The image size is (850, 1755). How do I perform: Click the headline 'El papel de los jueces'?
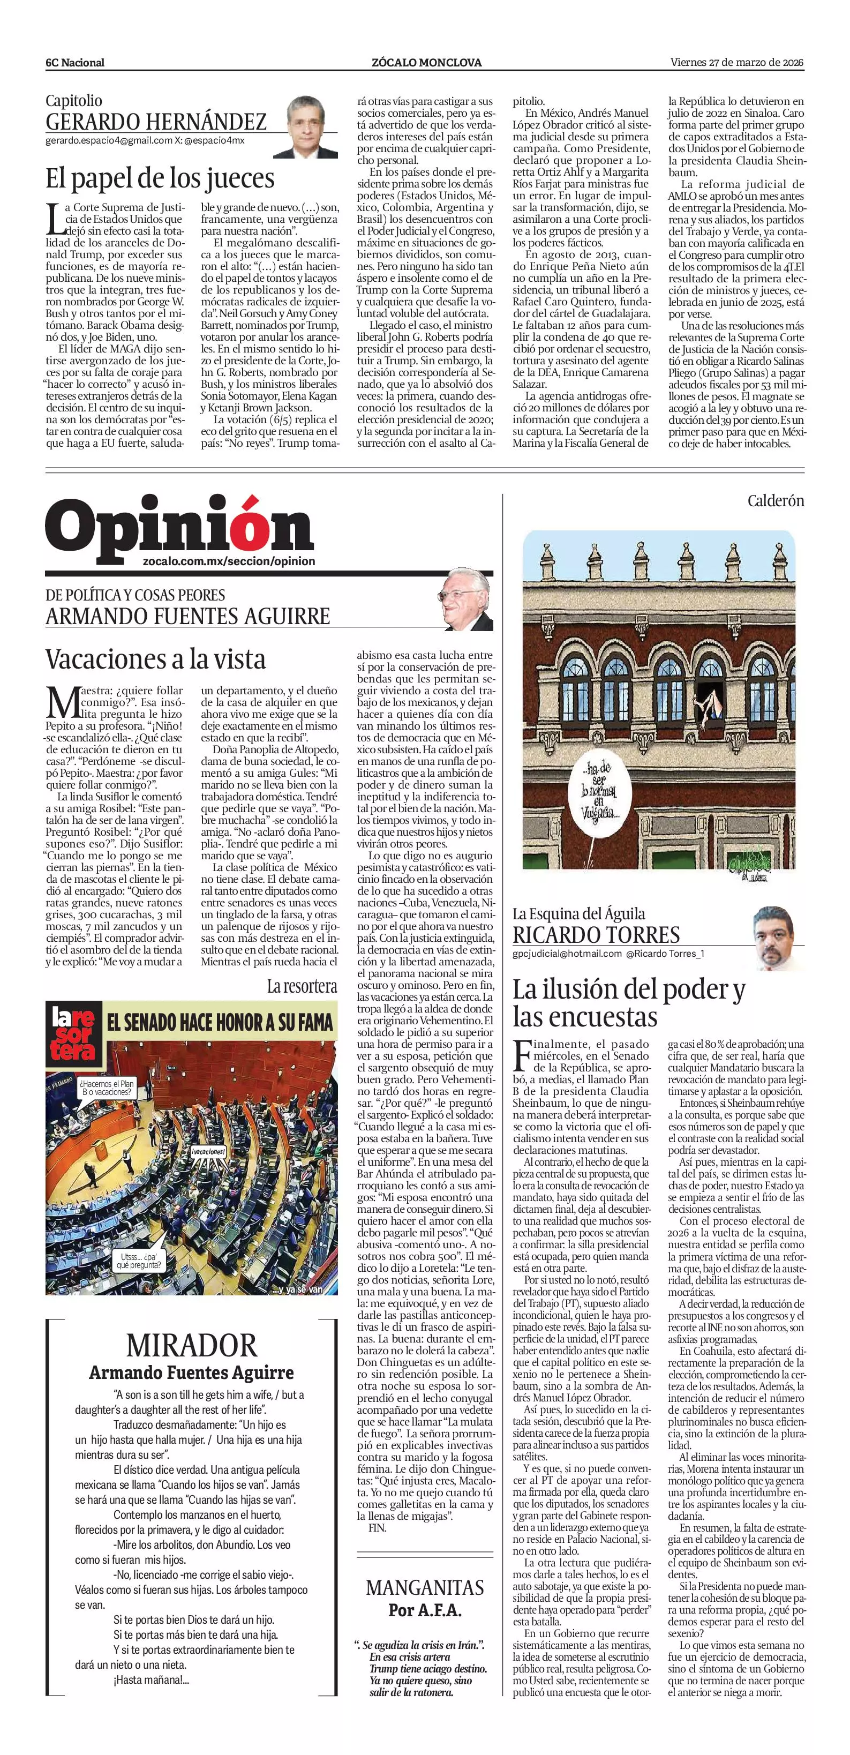tap(160, 178)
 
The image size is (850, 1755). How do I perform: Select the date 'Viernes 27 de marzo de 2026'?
tap(737, 62)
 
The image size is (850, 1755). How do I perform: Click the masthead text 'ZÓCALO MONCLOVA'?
tap(426, 63)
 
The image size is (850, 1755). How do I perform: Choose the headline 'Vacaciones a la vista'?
tap(155, 659)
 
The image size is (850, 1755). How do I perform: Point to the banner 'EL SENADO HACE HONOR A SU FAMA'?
tap(219, 1022)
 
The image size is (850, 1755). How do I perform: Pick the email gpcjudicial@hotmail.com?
tap(567, 954)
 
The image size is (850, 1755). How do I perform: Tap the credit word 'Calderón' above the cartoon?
tap(775, 501)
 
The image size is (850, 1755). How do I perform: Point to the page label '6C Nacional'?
tap(75, 63)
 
